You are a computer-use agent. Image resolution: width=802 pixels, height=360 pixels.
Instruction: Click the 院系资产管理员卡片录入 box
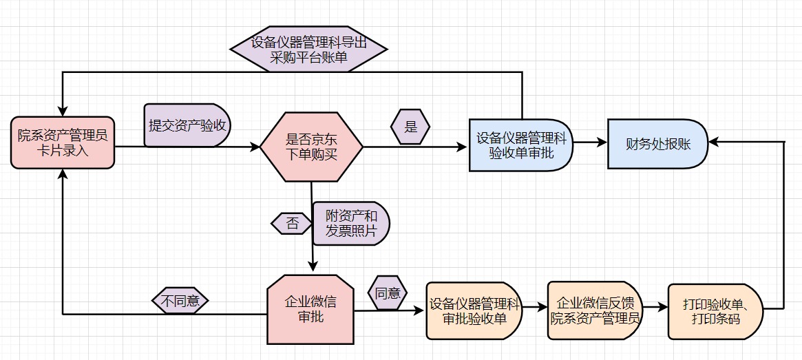tap(62, 142)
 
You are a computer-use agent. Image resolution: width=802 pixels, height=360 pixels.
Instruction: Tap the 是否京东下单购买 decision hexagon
tap(311, 147)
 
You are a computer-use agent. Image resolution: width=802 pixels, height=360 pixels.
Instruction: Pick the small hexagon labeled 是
tap(410, 127)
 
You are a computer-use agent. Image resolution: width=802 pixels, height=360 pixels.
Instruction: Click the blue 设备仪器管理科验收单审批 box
tap(521, 145)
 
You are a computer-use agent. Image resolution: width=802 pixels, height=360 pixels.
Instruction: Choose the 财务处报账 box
tap(657, 144)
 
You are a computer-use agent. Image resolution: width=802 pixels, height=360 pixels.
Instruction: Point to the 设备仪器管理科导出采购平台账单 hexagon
tap(308, 50)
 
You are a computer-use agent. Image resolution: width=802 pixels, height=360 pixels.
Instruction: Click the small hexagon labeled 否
tap(292, 223)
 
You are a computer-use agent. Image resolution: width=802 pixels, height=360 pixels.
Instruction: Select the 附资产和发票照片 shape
tap(351, 224)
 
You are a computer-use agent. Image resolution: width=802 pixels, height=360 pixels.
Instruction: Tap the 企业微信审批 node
tap(310, 310)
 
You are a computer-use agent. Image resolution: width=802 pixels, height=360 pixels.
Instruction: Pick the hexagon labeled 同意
tap(388, 293)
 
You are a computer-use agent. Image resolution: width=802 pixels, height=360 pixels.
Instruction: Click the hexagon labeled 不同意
tap(180, 301)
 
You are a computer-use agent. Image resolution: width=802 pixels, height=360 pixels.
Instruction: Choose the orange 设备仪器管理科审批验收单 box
tap(474, 310)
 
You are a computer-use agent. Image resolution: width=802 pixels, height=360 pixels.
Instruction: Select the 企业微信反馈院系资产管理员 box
tap(596, 310)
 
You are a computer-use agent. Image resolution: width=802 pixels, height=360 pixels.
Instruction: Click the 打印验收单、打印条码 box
tap(716, 310)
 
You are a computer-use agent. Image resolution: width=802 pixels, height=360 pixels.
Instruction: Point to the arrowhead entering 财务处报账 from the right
tap(714, 141)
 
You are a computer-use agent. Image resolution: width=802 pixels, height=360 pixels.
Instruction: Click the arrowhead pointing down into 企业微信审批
tap(313, 267)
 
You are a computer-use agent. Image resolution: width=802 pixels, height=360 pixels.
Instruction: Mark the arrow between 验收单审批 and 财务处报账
tap(590, 142)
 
